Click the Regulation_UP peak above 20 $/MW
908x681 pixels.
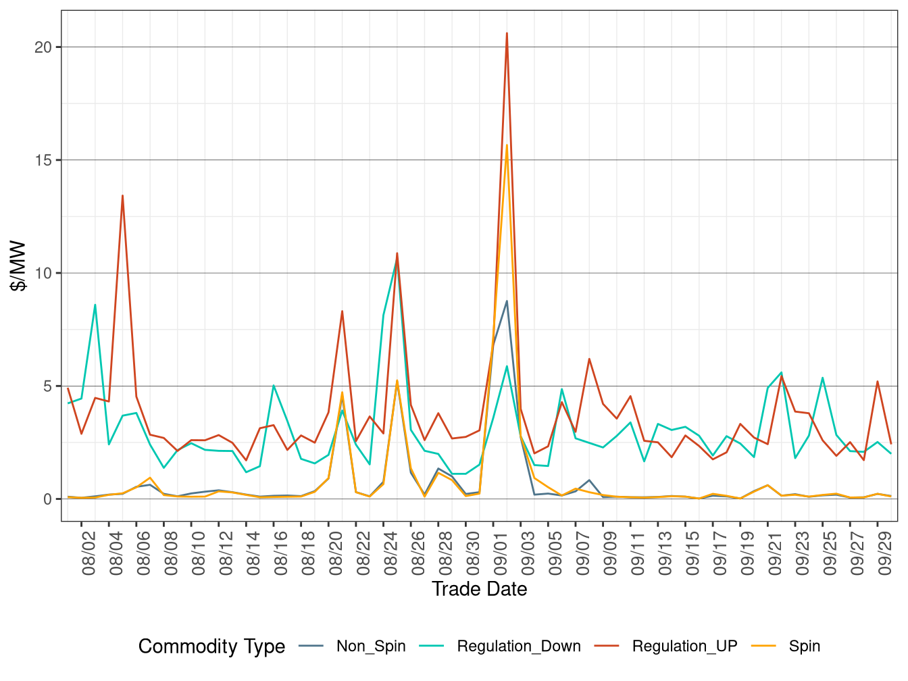pos(507,33)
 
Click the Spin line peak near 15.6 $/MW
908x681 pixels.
pos(507,145)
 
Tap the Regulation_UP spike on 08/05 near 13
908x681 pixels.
pos(122,196)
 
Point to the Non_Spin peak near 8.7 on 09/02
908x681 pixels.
pos(507,301)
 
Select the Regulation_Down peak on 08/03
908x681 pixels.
pos(95,305)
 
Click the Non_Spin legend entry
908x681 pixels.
pos(370,647)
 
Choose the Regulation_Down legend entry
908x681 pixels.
pos(518,647)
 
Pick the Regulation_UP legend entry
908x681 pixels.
pos(684,647)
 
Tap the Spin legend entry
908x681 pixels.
pos(804,647)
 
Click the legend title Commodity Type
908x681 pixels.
pos(211,647)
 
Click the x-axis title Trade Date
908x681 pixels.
pos(479,589)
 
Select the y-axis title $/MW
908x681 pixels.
pos(18,266)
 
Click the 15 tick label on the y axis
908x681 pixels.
pos(43,160)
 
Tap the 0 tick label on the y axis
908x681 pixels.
pos(47,499)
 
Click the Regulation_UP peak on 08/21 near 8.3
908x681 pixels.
pos(342,311)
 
